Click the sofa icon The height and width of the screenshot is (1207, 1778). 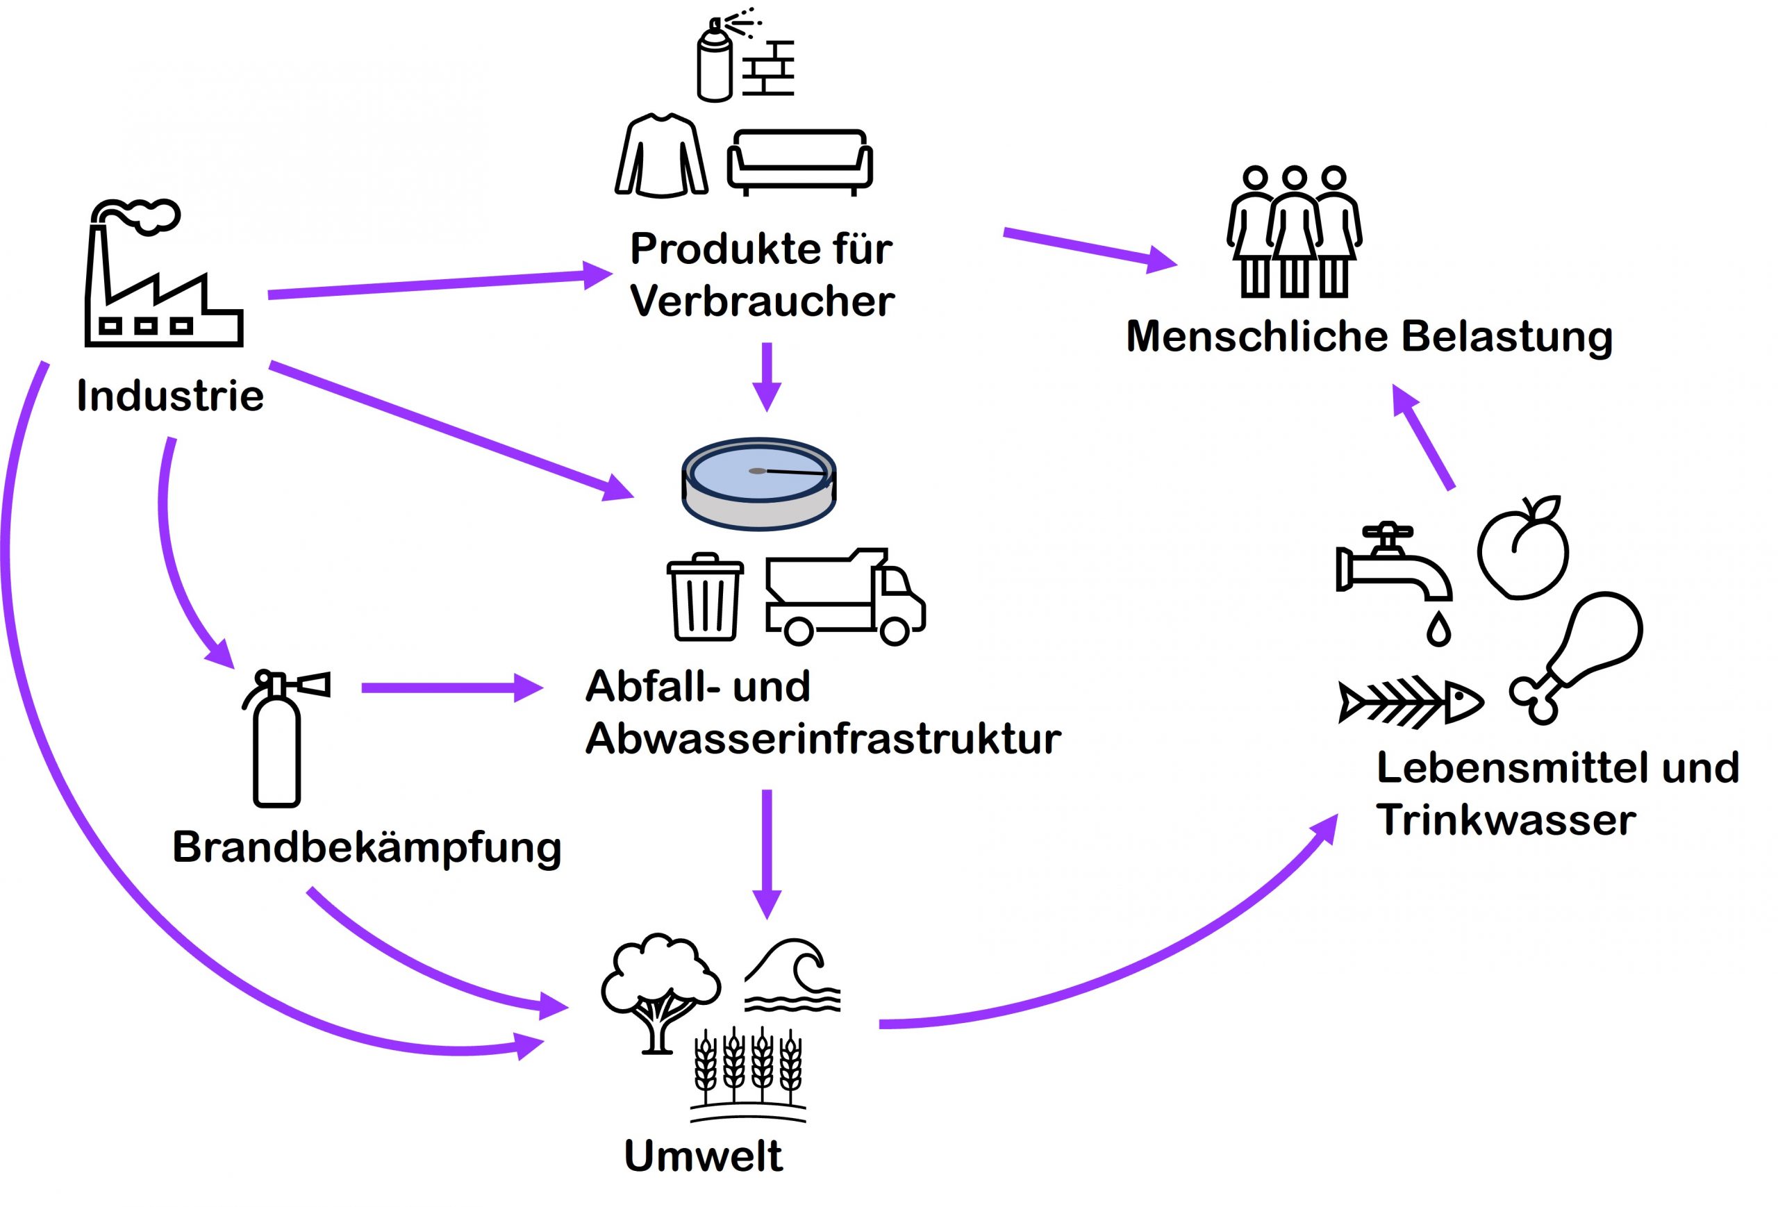(799, 161)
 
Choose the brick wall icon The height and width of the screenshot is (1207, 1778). (770, 68)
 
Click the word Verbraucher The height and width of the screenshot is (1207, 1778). (762, 301)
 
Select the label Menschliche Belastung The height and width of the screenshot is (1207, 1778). (1369, 337)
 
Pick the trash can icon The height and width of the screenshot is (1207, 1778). (705, 597)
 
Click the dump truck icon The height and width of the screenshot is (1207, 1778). (845, 597)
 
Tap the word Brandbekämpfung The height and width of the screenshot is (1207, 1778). (367, 847)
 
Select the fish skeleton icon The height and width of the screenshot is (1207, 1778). (1410, 701)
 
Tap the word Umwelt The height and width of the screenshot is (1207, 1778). (703, 1156)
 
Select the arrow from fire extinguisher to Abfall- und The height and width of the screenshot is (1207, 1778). (451, 688)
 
